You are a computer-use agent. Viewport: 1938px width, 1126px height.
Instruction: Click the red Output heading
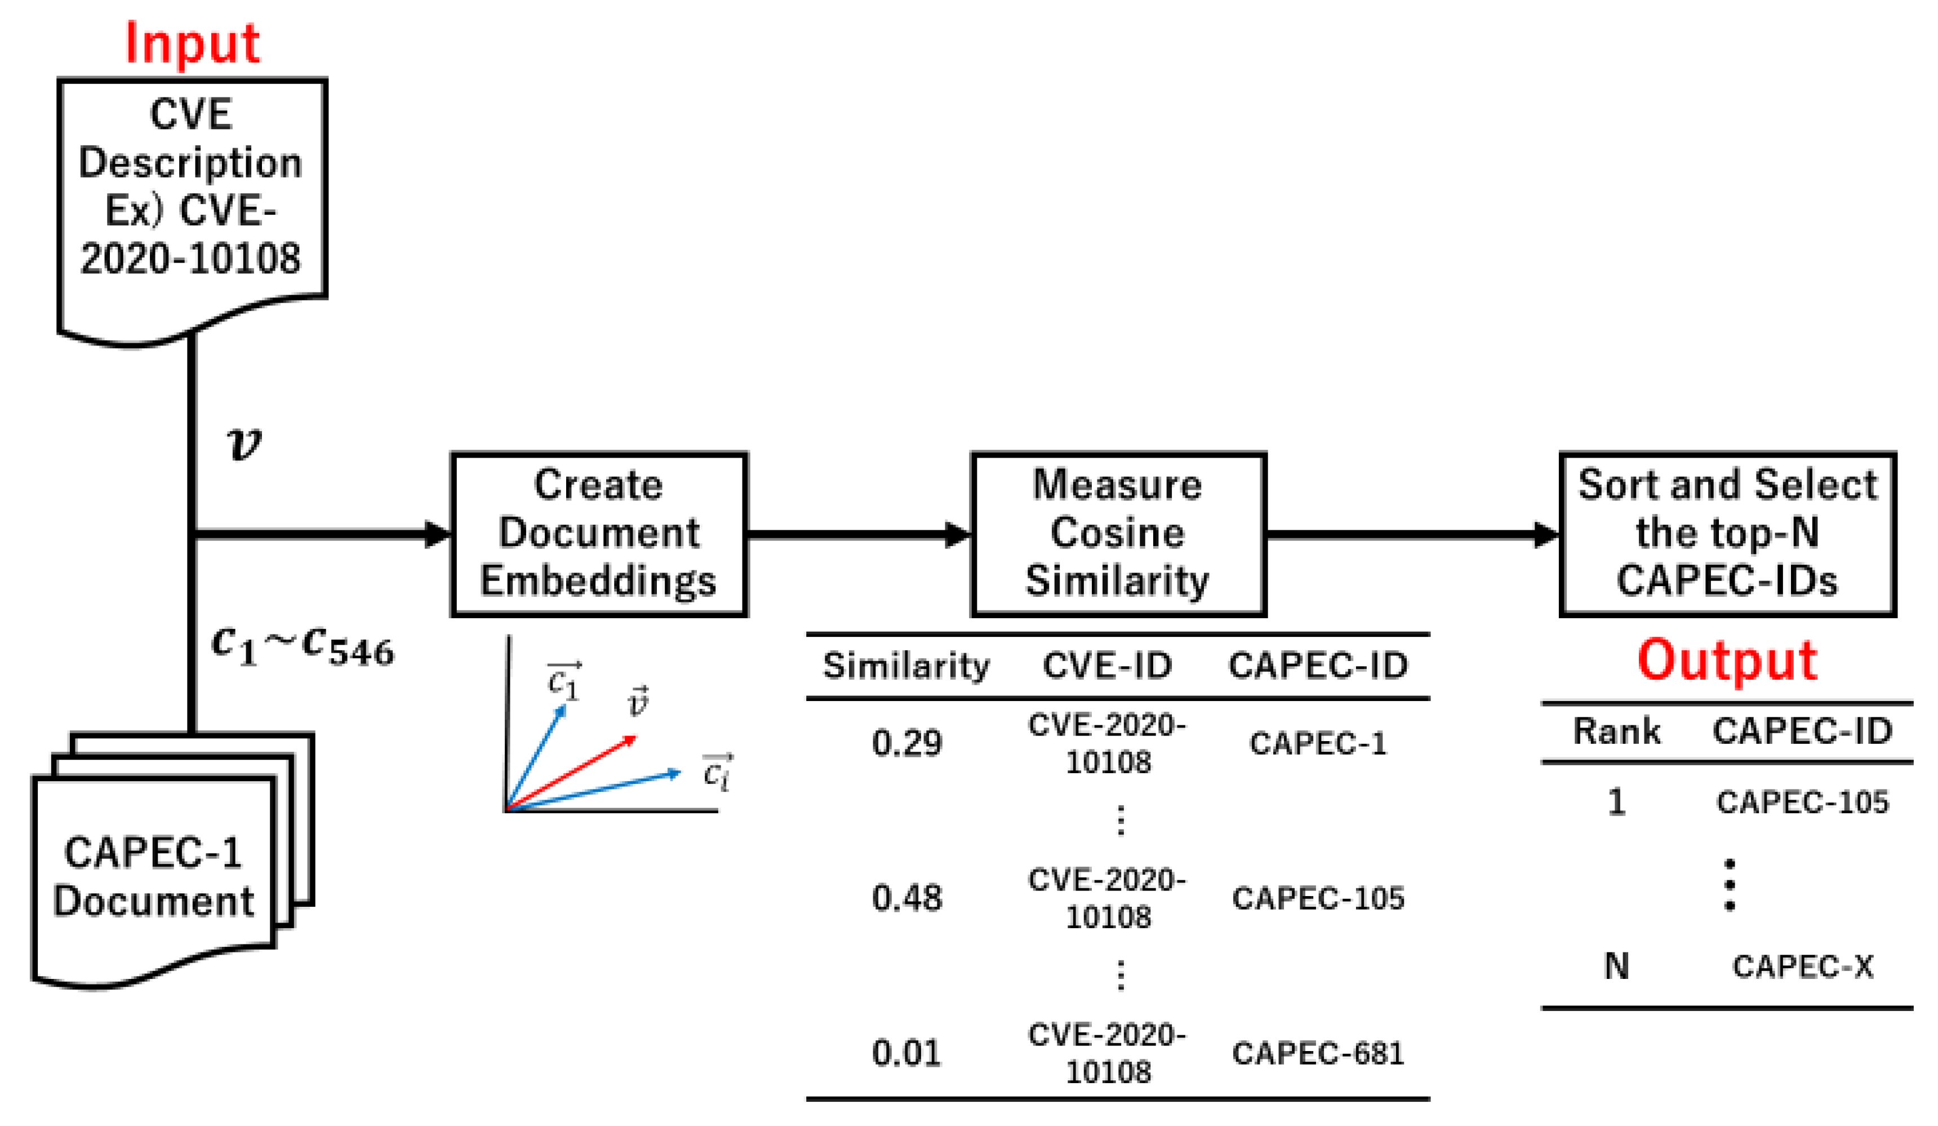coord(1727,660)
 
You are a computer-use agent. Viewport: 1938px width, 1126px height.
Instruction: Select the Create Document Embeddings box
coord(598,534)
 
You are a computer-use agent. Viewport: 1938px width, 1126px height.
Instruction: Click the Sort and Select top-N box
coord(1727,534)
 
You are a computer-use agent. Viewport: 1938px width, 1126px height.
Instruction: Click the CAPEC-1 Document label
coord(153,877)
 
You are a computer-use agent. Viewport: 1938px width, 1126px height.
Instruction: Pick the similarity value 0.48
coord(906,898)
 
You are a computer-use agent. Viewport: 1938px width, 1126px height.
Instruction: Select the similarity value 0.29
coord(906,743)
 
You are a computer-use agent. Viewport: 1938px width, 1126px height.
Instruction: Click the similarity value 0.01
coord(906,1053)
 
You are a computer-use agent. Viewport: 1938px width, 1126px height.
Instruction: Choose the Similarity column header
coord(906,666)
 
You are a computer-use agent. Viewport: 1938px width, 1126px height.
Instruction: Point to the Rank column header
coord(1616,731)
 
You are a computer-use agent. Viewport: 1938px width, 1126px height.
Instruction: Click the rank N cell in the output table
coord(1616,966)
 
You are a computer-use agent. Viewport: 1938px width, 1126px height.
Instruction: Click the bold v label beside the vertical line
coord(243,444)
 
